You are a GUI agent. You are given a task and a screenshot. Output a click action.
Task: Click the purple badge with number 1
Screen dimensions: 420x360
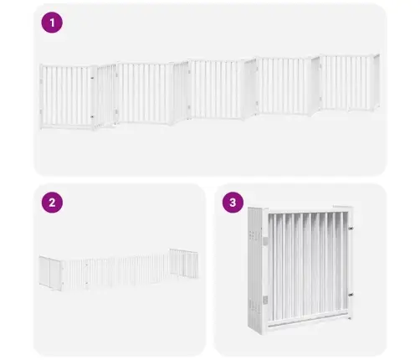pyautogui.click(x=52, y=23)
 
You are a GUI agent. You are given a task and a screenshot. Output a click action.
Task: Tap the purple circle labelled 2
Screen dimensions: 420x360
pyautogui.click(x=52, y=203)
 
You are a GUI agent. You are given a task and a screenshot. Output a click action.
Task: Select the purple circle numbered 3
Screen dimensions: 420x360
pyautogui.click(x=233, y=203)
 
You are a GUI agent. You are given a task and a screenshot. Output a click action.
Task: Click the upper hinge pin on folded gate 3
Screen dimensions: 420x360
pyautogui.click(x=351, y=228)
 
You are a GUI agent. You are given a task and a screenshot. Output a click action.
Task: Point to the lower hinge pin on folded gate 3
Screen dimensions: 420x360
pyautogui.click(x=351, y=295)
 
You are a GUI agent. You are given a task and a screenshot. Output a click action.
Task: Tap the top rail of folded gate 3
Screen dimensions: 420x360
pyautogui.click(x=308, y=211)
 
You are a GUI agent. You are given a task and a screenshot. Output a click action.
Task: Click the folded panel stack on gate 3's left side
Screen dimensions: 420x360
pyautogui.click(x=254, y=270)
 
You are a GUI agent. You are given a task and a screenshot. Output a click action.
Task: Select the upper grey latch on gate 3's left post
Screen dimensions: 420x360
pyautogui.click(x=265, y=241)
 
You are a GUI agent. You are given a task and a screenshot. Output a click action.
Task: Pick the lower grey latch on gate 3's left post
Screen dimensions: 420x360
pyautogui.click(x=265, y=300)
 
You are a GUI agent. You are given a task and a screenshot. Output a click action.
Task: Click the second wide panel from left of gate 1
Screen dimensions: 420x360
pyautogui.click(x=144, y=93)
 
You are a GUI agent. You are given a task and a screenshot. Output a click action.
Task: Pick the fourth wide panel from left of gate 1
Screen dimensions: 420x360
pyautogui.click(x=284, y=85)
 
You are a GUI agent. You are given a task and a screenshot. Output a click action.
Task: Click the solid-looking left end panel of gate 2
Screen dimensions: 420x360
pyautogui.click(x=50, y=273)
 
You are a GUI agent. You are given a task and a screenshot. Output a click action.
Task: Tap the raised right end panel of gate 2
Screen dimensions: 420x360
pyautogui.click(x=184, y=263)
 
